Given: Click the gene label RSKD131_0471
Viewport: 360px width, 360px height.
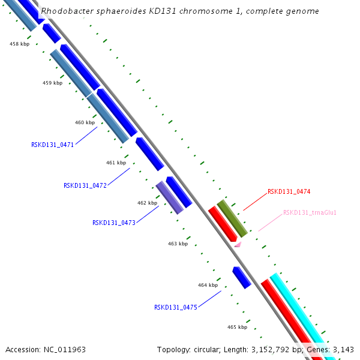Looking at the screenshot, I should (52, 145).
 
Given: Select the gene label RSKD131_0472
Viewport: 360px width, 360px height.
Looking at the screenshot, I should (85, 185).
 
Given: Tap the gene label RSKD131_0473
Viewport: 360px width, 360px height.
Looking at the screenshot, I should (113, 223).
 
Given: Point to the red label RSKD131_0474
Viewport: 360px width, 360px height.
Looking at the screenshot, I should (289, 192).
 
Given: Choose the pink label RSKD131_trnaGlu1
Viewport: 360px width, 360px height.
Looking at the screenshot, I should (310, 212).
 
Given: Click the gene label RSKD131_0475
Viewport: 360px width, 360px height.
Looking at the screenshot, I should (175, 307).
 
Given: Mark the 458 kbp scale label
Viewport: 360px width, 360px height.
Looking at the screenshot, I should (19, 44).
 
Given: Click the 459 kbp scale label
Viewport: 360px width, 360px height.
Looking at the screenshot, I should (52, 83).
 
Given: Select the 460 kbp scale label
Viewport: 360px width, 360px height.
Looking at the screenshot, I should (85, 122).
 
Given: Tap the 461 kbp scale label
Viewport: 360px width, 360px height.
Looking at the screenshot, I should (116, 163).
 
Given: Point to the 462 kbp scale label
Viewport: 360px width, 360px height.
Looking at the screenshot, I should (147, 203).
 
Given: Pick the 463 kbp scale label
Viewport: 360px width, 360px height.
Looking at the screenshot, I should (178, 244).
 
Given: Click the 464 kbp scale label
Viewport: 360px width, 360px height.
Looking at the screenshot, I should (208, 285).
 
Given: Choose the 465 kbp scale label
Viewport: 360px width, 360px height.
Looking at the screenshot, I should (237, 327).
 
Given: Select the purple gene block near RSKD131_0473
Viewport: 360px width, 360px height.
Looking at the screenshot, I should (170, 197).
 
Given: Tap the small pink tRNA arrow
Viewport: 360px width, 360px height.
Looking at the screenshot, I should (238, 244).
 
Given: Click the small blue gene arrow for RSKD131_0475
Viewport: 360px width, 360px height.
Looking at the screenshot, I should (241, 278).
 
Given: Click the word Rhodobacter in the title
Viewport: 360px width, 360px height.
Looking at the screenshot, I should (65, 11).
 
